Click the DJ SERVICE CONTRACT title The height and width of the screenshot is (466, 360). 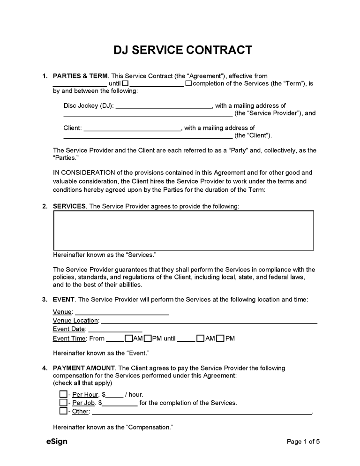(182, 50)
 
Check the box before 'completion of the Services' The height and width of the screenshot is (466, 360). (188, 83)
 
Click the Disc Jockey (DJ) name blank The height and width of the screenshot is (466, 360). (164, 106)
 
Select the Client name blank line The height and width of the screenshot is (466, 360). (132, 128)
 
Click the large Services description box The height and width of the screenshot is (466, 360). (183, 230)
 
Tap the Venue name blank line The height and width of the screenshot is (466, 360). (122, 312)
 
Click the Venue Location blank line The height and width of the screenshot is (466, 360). (209, 321)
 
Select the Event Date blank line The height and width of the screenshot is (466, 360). (115, 329)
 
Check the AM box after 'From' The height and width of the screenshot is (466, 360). (128, 338)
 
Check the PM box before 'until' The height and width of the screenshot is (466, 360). (148, 338)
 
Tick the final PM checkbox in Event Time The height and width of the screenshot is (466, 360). (220, 338)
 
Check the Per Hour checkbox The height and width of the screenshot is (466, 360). (63, 394)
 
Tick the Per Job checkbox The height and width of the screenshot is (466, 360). (63, 403)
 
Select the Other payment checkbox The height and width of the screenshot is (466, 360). (63, 411)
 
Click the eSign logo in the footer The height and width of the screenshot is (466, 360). (57, 441)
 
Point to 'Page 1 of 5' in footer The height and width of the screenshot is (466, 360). (303, 441)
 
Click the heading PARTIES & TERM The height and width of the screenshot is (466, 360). (80, 76)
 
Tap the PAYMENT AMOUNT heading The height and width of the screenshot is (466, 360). (78, 368)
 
